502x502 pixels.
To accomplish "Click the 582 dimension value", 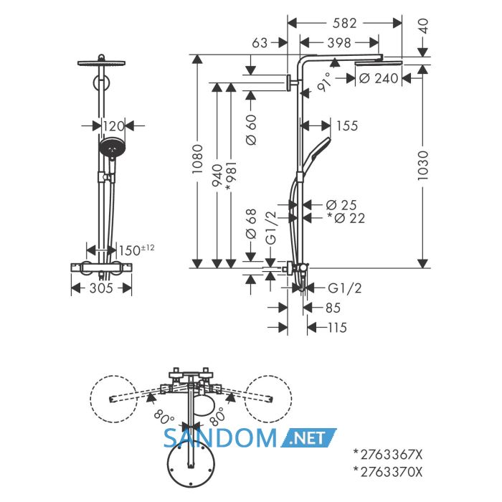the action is (x=344, y=23).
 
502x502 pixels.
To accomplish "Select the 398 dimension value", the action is (x=339, y=42).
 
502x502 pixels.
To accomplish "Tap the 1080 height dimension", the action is (x=197, y=159).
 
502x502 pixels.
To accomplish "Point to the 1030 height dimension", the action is (x=423, y=166).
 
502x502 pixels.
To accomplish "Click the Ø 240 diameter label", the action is (x=379, y=78).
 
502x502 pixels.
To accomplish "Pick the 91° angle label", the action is (x=325, y=82).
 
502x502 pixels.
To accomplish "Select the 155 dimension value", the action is (x=347, y=126).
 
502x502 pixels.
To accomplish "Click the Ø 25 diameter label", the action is (x=341, y=205).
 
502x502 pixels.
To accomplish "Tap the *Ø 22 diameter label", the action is (x=346, y=218).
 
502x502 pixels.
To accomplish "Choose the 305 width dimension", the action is (x=101, y=288).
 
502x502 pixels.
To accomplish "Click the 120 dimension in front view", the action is (x=113, y=126).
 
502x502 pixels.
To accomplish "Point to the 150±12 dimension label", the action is (x=137, y=250).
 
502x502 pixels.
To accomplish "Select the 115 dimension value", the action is (x=338, y=328).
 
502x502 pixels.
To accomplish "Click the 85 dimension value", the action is (x=333, y=308).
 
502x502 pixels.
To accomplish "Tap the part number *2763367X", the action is (x=388, y=454).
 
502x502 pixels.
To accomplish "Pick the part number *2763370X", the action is (x=388, y=472).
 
